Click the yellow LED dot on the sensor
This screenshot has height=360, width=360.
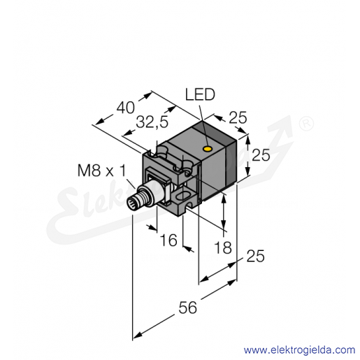(207, 148)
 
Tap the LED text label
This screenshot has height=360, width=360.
(200, 95)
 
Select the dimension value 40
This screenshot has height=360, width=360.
(126, 108)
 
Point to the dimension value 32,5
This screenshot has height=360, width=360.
(152, 122)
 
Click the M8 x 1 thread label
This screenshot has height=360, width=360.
(101, 171)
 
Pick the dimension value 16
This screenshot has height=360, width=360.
(168, 240)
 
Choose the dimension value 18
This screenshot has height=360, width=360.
(223, 247)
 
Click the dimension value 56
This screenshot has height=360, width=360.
(188, 308)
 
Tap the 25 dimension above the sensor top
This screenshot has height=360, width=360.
(238, 117)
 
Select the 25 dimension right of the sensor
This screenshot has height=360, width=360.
(261, 154)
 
